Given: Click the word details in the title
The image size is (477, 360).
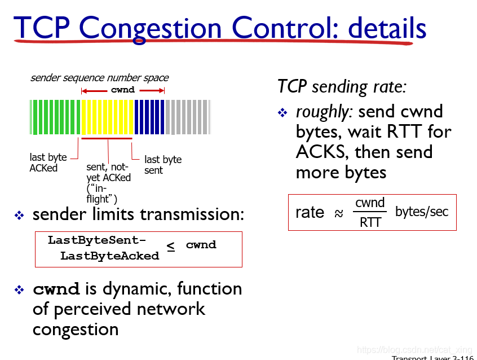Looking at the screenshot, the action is (387, 27).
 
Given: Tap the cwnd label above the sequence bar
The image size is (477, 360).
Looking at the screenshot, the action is (123, 90).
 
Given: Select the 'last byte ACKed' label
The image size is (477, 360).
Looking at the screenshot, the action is (48, 163).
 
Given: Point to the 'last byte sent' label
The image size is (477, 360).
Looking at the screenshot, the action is (163, 165).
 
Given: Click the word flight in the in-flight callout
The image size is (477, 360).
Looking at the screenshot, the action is (98, 199).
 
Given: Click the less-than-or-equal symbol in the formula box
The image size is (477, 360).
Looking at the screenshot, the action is (171, 247).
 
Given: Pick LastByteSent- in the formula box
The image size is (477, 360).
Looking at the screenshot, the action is (97, 240).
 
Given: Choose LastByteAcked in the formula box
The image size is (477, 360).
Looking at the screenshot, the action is (109, 256).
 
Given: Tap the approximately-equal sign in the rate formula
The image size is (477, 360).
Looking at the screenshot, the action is (339, 213).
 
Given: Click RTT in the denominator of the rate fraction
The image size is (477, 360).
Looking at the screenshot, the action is (370, 222).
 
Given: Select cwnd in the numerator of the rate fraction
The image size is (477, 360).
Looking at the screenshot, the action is (370, 203).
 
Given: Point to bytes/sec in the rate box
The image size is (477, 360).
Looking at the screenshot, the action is (422, 212).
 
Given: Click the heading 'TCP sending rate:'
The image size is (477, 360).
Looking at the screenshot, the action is (342, 86).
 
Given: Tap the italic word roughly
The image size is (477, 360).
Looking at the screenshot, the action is (324, 112).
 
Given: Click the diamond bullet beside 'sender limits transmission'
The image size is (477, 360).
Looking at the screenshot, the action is (19, 216).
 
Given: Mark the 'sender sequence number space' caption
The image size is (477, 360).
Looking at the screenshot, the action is (99, 78).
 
